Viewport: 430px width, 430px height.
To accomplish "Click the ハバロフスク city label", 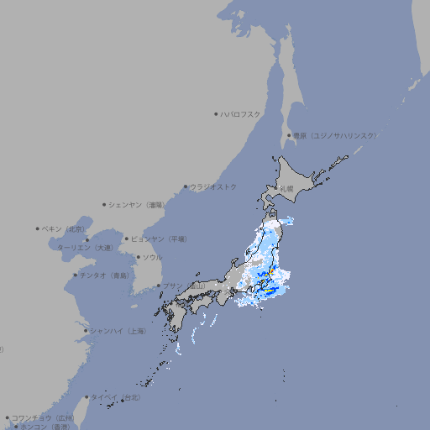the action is tap(241, 113).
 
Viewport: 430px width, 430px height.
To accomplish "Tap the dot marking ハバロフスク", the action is tap(217, 113).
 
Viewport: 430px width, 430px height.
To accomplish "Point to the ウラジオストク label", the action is tap(214, 186).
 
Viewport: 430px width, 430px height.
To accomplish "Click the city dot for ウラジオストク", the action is tap(186, 186).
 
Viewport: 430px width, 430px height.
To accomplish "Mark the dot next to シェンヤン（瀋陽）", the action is tap(104, 204).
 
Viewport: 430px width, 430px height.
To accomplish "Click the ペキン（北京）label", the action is tap(65, 228).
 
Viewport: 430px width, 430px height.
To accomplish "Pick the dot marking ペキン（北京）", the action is tap(38, 228).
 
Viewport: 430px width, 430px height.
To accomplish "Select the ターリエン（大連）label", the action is tap(85, 249).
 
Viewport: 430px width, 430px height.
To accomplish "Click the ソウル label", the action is tap(152, 257).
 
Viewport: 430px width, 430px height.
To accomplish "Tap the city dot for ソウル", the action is tap(138, 257).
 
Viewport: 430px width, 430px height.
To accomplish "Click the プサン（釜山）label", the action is tap(184, 286).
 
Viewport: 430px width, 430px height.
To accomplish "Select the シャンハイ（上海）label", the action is tap(118, 331).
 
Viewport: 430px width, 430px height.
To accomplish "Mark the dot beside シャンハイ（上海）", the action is tap(86, 331).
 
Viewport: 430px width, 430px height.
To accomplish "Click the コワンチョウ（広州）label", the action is tap(43, 417).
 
